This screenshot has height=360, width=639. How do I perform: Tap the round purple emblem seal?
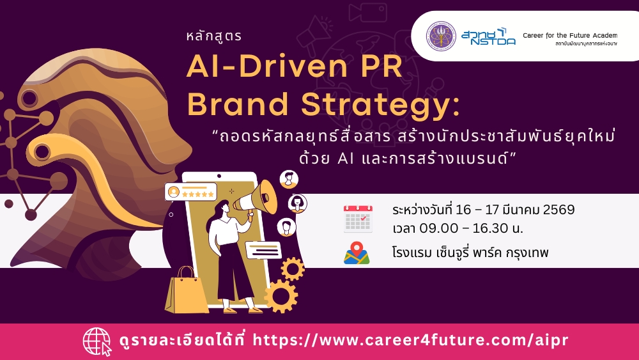[441, 36]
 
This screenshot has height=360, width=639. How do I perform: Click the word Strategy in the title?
[381, 105]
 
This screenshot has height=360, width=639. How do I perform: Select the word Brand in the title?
[238, 104]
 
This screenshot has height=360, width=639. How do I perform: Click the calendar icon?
[358, 219]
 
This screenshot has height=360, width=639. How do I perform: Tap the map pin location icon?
[357, 253]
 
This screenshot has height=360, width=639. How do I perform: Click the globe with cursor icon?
[97, 341]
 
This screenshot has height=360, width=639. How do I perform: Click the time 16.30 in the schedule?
[488, 228]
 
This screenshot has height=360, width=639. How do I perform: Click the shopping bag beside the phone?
[186, 290]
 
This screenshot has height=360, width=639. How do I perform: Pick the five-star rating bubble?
[190, 192]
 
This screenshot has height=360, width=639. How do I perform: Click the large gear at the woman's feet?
[281, 296]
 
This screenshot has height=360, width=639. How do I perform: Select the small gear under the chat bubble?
[293, 269]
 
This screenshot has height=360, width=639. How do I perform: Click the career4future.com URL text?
[410, 340]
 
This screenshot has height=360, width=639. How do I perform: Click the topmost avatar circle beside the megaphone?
[289, 179]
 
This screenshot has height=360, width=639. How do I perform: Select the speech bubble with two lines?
[263, 250]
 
